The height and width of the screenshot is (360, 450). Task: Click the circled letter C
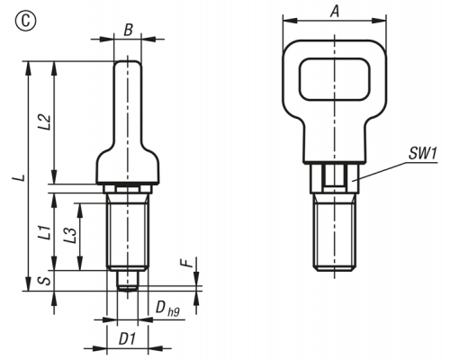coord(25,22)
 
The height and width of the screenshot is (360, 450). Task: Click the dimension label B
coord(128,30)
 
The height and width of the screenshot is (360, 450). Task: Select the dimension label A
coord(335,11)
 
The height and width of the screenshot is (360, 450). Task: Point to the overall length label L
coord(20,177)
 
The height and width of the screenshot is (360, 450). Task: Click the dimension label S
coord(46,281)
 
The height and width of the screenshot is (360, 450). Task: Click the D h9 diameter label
coord(167,309)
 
